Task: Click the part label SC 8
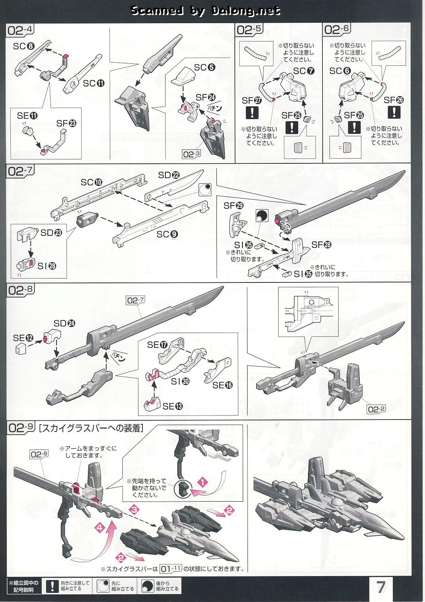pyautogui.click(x=25, y=46)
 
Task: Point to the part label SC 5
pyautogui.click(x=205, y=67)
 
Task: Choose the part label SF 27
pyautogui.click(x=252, y=100)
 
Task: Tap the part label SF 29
pyautogui.click(x=234, y=206)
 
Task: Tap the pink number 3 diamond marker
pyautogui.click(x=135, y=509)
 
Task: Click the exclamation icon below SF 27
pyautogui.click(x=252, y=114)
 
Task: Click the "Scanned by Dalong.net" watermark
pyautogui.click(x=205, y=11)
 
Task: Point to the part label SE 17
pyautogui.click(x=157, y=345)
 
